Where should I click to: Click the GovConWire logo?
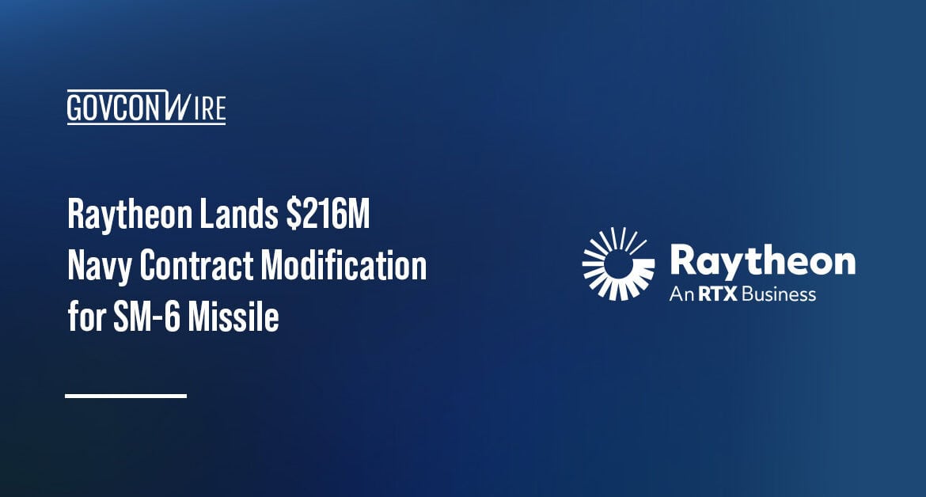pyautogui.click(x=146, y=108)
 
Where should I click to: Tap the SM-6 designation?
pyautogui.click(x=139, y=318)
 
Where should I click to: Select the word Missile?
pyautogui.click(x=233, y=318)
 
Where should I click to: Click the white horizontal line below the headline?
pyautogui.click(x=126, y=395)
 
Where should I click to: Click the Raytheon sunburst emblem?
pyautogui.click(x=618, y=264)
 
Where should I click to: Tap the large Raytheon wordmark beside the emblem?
pyautogui.click(x=762, y=260)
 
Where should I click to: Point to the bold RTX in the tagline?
pyautogui.click(x=713, y=295)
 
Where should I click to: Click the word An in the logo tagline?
pyautogui.click(x=681, y=295)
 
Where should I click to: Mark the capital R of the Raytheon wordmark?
pyautogui.click(x=684, y=260)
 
